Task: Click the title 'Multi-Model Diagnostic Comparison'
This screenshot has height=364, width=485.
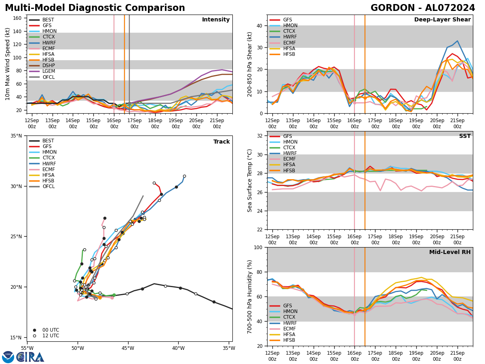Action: tap(95, 8)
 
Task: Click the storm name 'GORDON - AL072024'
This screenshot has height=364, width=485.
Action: tap(423, 8)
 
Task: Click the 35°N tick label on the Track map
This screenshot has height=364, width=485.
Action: tap(17, 136)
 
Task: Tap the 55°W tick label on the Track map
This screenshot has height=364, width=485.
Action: tap(27, 348)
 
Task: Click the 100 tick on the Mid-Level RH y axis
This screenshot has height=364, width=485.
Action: tap(259, 248)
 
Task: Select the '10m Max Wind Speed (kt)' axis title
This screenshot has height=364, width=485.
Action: tap(8, 64)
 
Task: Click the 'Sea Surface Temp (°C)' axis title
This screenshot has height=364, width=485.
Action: tap(250, 180)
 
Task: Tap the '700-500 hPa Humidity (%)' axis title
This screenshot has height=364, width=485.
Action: tap(250, 296)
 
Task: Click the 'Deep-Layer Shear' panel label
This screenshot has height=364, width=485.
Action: tap(442, 20)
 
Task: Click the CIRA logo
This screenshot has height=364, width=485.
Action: tap(30, 357)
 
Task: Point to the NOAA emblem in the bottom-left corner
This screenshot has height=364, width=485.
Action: tap(8, 357)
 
